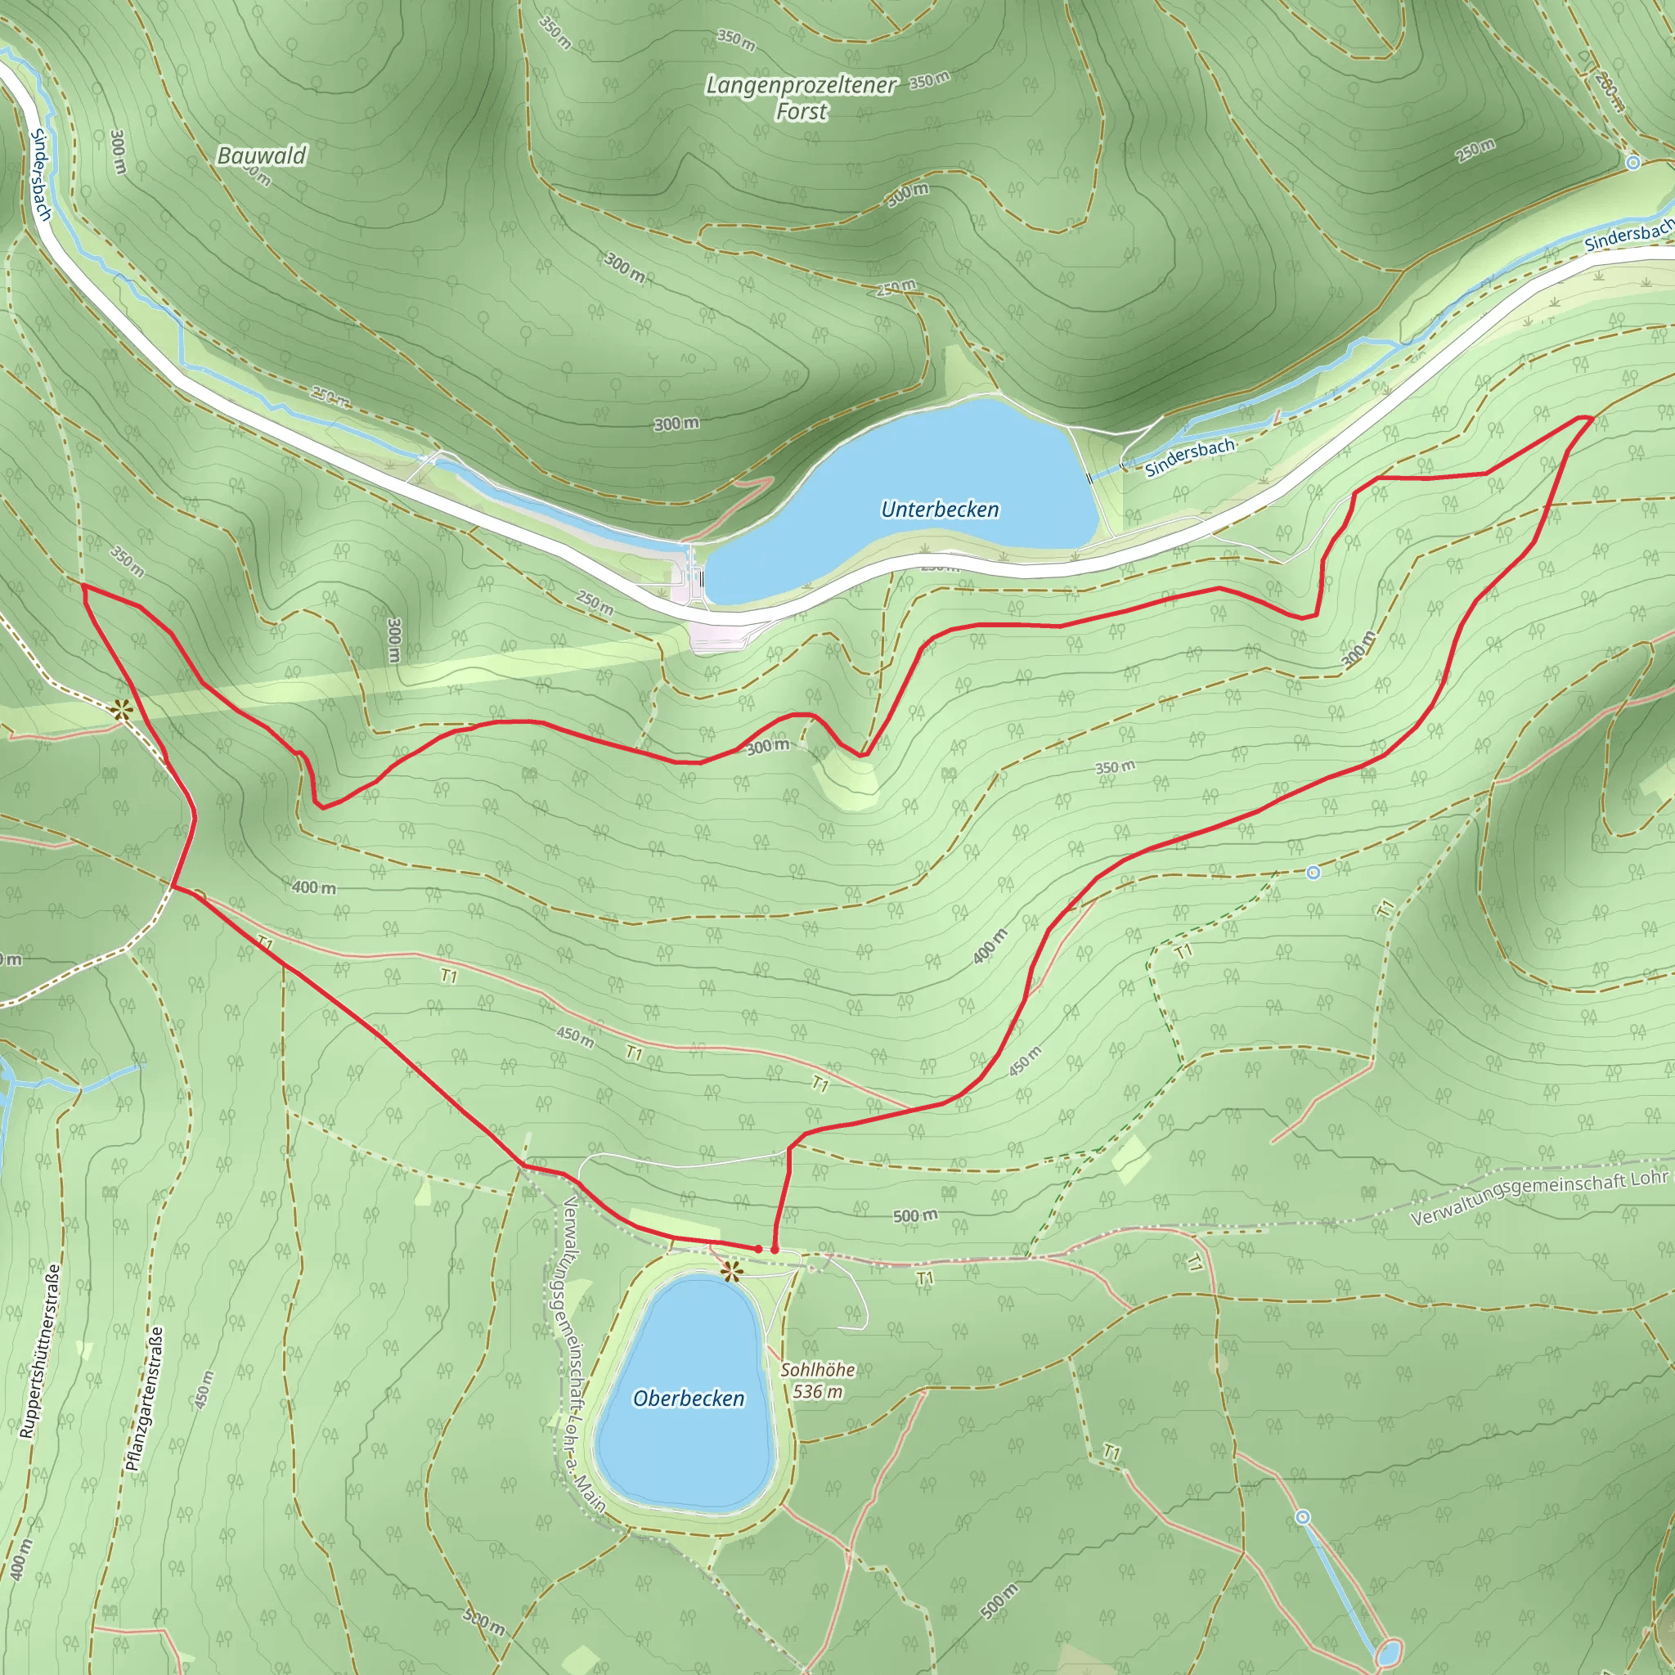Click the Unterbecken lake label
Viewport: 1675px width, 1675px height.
(940, 509)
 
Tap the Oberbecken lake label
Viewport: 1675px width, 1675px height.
(689, 1399)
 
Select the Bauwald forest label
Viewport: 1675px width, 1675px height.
(262, 156)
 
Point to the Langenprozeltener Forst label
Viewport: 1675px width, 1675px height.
(801, 98)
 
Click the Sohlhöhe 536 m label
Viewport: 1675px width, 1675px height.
(818, 1381)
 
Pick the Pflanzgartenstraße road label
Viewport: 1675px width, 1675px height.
(144, 1399)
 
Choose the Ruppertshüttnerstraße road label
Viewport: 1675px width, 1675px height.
(41, 1352)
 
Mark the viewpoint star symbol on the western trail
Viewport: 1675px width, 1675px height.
(121, 711)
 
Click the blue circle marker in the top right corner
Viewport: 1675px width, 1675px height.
(1633, 162)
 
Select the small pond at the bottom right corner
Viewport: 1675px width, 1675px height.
(1388, 1650)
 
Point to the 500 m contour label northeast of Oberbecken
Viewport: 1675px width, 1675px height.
(914, 1215)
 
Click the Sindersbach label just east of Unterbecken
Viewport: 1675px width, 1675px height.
(1189, 458)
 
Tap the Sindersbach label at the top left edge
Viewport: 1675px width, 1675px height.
(41, 173)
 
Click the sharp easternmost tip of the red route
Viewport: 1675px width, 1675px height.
(1592, 418)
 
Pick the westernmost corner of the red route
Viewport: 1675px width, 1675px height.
(83, 586)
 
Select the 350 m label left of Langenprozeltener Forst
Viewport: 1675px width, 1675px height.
(555, 32)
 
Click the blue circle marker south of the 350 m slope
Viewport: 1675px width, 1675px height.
(1314, 872)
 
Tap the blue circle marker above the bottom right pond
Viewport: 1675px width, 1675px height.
(1303, 1517)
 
